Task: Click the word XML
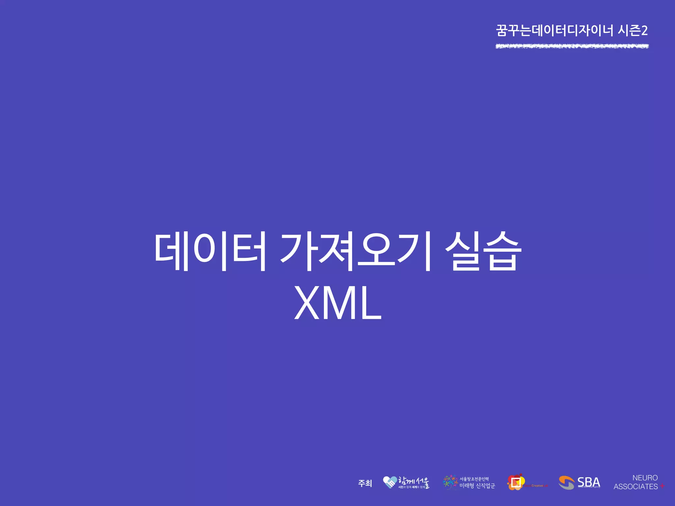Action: (337, 303)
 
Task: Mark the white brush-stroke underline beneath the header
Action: (572, 46)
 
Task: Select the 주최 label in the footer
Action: (365, 483)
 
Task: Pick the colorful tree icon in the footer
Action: (450, 482)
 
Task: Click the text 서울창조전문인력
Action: (474, 479)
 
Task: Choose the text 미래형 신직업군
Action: (477, 486)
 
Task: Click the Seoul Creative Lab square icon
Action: (516, 482)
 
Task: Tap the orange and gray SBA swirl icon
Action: (566, 483)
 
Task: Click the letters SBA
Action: (589, 482)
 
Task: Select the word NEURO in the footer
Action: (645, 478)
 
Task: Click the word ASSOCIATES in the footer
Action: (635, 487)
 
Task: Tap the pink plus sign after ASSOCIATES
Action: (662, 486)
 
